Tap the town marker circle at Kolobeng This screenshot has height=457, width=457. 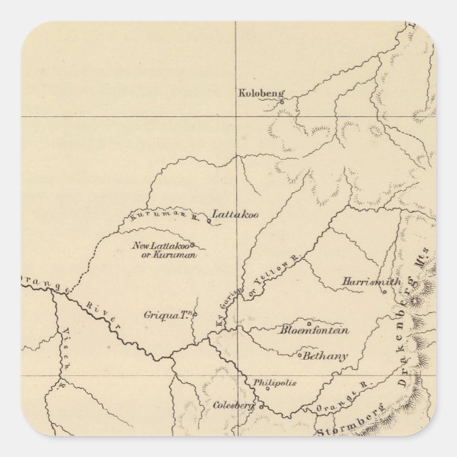coord(281,101)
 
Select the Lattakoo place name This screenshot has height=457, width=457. coord(232,214)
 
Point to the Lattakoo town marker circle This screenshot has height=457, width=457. coord(209,221)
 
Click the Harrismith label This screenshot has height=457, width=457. coord(370,282)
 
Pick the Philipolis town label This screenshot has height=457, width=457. coord(273,382)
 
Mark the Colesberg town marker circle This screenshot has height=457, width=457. coord(260,407)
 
